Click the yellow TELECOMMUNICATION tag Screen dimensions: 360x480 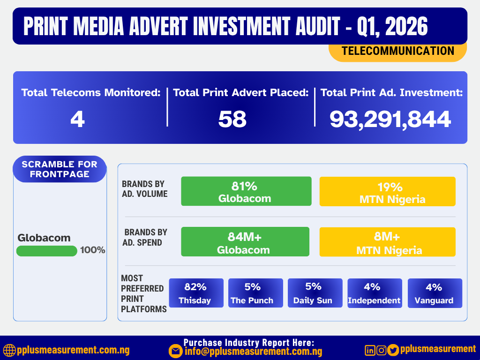(x=397, y=51)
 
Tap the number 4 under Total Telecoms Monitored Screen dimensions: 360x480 (x=77, y=120)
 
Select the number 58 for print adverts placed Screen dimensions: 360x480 (x=232, y=120)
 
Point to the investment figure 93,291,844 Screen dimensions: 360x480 (x=390, y=120)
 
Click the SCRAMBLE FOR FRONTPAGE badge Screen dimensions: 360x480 (x=60, y=169)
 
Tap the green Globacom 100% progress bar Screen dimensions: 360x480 (x=46, y=251)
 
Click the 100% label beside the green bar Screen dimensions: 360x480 (x=92, y=250)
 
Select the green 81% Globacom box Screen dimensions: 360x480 (x=246, y=191)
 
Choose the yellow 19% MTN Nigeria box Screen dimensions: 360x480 (x=387, y=191)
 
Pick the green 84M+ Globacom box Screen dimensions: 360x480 (x=245, y=242)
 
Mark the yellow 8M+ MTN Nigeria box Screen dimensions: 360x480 (x=387, y=242)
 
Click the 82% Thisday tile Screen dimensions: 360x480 (x=195, y=293)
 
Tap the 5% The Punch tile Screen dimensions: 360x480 (x=255, y=293)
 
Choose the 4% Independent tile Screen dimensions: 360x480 (x=374, y=293)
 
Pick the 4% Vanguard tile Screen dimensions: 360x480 (x=435, y=293)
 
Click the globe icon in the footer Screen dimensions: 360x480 (x=9, y=350)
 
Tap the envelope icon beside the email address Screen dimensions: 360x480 (x=176, y=351)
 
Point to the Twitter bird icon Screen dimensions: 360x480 (x=393, y=350)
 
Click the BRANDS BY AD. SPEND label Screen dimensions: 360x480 (x=145, y=237)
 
